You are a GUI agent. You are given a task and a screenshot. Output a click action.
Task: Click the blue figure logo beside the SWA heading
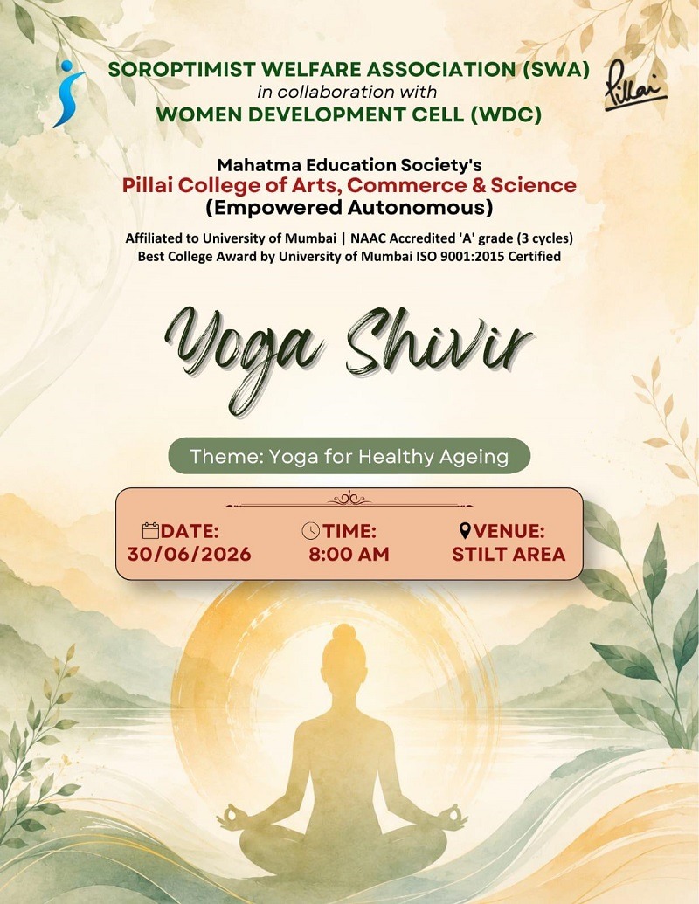[69, 93]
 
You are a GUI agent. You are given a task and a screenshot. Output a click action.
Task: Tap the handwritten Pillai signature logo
[634, 85]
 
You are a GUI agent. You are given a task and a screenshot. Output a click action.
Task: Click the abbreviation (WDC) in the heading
[507, 114]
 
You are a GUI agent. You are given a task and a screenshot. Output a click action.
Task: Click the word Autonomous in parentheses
[420, 208]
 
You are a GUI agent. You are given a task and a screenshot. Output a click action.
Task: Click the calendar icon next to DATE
[150, 530]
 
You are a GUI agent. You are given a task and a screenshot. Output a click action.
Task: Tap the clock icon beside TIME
[311, 530]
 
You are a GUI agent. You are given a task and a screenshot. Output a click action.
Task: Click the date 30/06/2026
[190, 554]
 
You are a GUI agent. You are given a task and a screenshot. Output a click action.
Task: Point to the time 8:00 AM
[349, 554]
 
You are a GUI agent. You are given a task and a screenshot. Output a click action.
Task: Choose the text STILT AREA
[509, 554]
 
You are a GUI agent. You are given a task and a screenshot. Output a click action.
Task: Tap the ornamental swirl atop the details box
[349, 499]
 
